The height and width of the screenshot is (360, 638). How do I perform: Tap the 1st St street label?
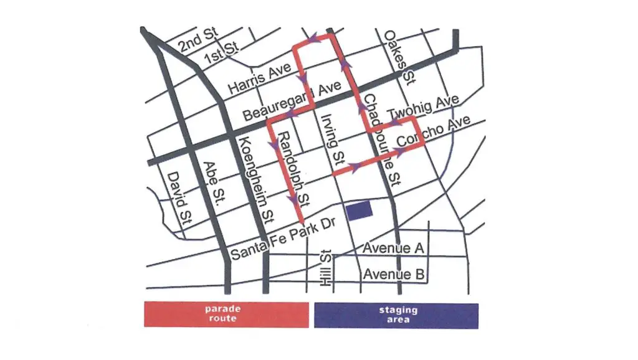pyautogui.click(x=222, y=53)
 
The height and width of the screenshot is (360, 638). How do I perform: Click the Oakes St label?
pyautogui.click(x=399, y=57)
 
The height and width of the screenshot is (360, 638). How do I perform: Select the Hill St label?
pyautogui.click(x=325, y=268)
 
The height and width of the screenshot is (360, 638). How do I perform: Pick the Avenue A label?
pyautogui.click(x=394, y=249)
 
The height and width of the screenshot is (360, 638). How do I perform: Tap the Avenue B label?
pyautogui.click(x=396, y=274)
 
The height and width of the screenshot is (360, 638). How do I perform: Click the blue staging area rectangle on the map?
pyautogui.click(x=359, y=211)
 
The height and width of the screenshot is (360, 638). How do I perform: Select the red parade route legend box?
pyautogui.click(x=226, y=315)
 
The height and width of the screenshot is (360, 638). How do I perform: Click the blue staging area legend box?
pyautogui.click(x=397, y=315)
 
